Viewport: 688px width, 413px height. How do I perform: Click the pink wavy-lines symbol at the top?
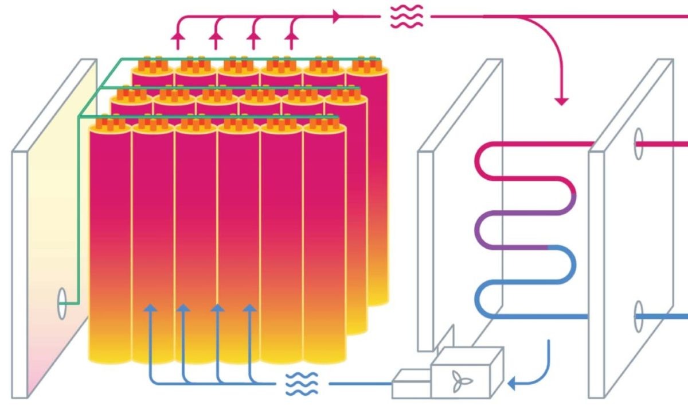[406, 17]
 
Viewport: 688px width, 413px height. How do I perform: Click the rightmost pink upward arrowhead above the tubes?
[291, 37]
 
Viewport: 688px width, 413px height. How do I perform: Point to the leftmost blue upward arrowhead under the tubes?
[151, 308]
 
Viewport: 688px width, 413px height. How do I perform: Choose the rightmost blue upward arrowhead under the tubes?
[249, 308]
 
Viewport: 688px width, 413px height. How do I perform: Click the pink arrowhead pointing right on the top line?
[337, 17]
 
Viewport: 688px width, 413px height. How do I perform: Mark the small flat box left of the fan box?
[410, 384]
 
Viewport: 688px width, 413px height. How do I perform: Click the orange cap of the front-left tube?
[110, 124]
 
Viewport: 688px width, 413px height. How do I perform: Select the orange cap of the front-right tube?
[324, 124]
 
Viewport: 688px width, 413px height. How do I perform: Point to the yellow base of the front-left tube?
[110, 348]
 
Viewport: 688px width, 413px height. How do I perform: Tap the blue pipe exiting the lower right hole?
[665, 316]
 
